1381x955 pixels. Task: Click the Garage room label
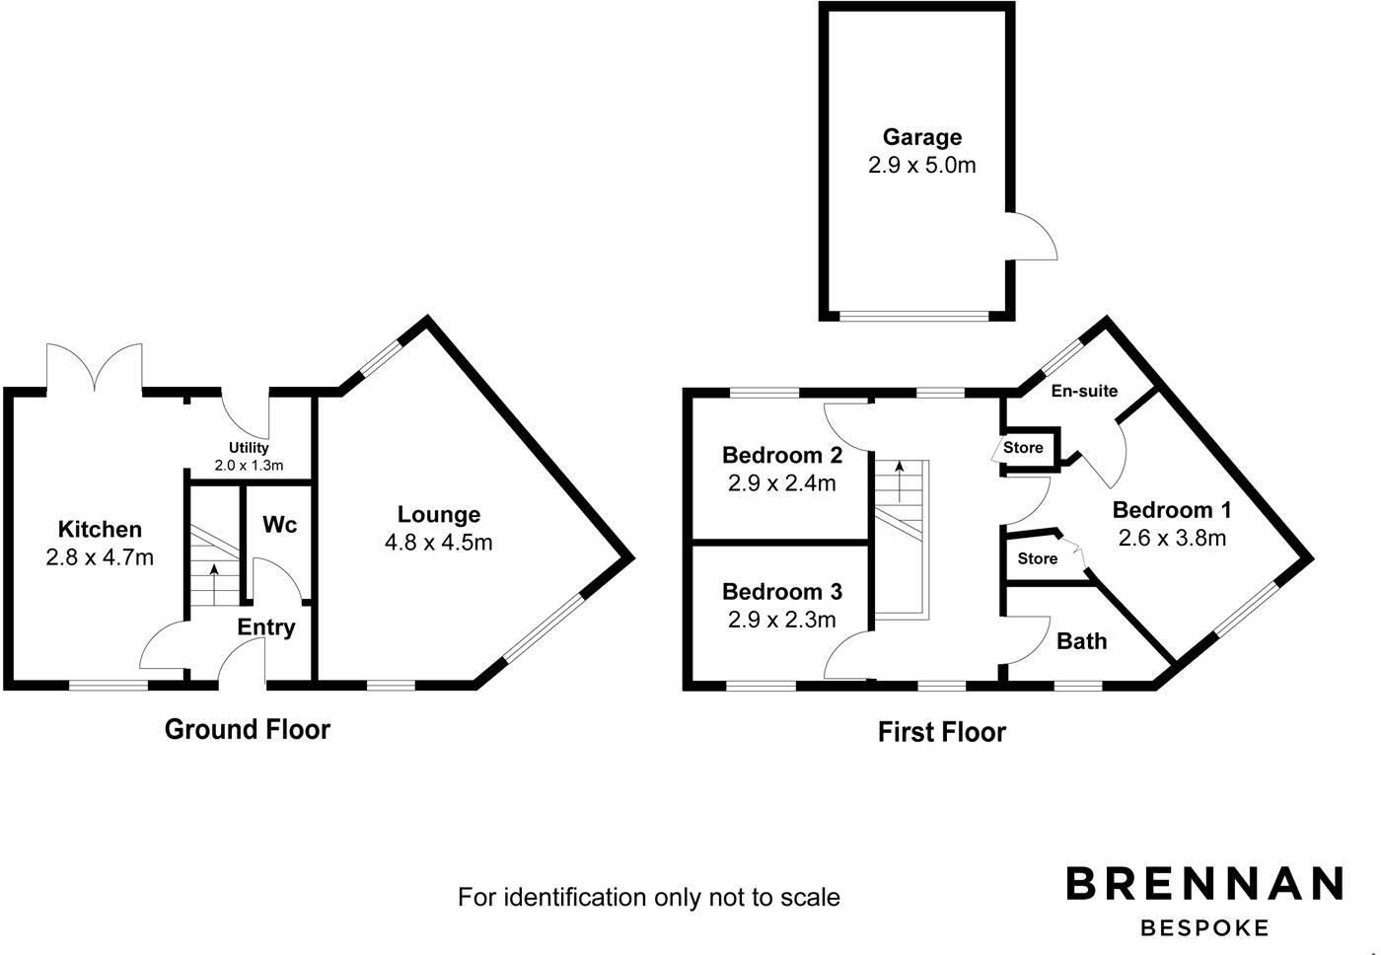pos(921,137)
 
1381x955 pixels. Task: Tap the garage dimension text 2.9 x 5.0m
pos(921,165)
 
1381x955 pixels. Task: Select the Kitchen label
pos(100,530)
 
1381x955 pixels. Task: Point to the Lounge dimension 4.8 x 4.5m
pos(439,542)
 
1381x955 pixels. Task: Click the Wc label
pos(279,525)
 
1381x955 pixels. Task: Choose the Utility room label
pos(249,448)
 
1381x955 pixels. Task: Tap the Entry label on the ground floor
pos(266,627)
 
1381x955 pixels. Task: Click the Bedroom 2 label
pos(781,455)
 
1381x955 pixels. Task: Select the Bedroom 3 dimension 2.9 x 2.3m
pos(781,620)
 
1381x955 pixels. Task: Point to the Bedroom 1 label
pos(1172,510)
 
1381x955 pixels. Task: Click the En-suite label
pos(1084,391)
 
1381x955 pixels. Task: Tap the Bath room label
pos(1081,641)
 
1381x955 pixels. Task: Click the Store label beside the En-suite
pos(1023,448)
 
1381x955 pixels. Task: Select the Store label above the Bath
pos(1037,558)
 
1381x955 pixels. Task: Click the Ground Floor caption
pos(247,729)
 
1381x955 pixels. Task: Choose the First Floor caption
pos(941,732)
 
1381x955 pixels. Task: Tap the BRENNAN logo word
pos(1204,883)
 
